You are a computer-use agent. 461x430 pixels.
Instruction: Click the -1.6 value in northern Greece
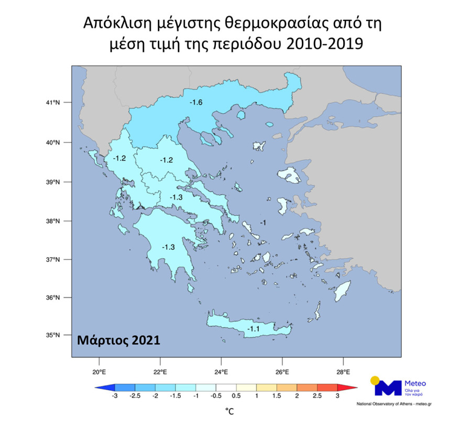tap(196, 102)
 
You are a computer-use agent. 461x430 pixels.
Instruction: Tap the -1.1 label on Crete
tap(254, 329)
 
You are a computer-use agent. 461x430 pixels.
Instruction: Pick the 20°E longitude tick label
tap(99, 372)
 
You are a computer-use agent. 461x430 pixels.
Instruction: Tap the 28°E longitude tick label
tap(343, 372)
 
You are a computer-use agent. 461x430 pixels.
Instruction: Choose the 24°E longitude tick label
tap(221, 372)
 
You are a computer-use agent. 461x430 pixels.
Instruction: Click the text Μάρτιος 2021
tap(118, 339)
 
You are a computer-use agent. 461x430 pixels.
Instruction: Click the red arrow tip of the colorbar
tap(353, 388)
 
